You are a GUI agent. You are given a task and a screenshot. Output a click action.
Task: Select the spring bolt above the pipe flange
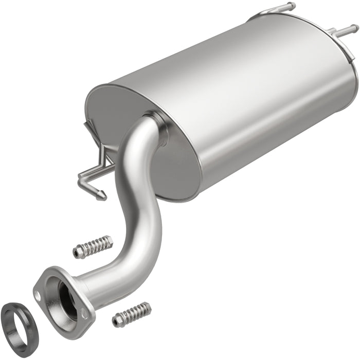[93, 247]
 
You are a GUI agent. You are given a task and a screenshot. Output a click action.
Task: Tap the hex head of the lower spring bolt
[117, 321]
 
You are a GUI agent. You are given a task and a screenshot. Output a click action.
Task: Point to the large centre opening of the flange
[67, 293]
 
